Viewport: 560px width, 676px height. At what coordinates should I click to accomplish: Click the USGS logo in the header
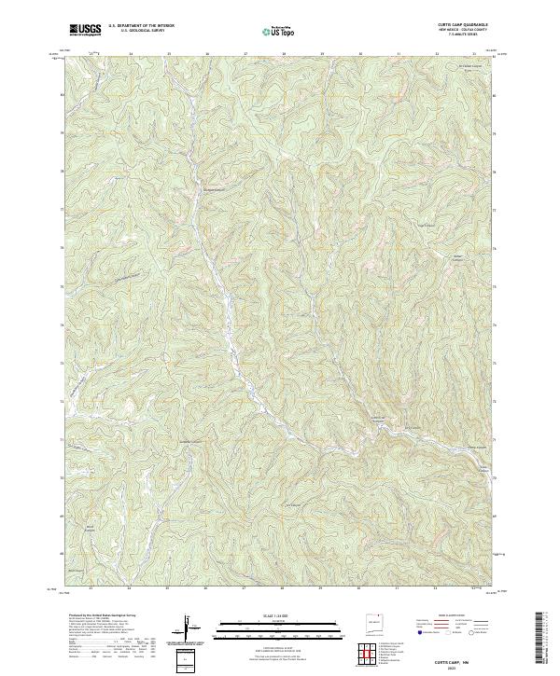86,30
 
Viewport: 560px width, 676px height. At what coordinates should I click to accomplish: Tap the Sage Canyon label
427,225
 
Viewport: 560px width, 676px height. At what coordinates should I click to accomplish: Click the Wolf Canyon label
91,529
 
